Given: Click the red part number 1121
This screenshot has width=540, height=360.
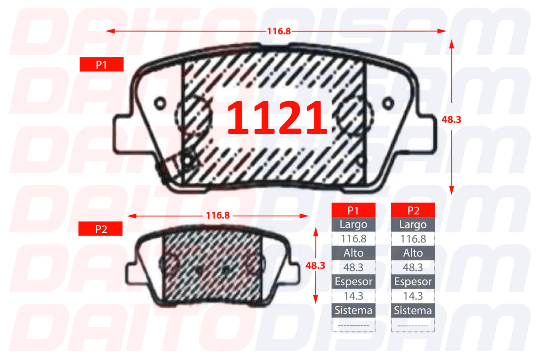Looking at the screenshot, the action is tap(277, 118).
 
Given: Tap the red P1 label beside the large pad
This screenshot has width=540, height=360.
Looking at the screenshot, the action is tap(102, 64).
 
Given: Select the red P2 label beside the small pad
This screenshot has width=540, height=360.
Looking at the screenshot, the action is tap(100, 228).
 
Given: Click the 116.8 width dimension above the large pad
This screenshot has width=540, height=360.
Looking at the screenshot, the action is tap(279, 31).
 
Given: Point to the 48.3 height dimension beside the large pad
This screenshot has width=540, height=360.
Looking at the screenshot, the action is tap(451, 120).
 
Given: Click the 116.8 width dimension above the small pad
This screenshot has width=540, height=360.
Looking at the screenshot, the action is tap(218, 215).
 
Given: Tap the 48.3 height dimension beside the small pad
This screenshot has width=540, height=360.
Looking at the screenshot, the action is tap(315, 266).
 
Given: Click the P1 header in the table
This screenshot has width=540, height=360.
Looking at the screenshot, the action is tap(354, 210).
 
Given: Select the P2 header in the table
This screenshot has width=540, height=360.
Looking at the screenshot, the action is tap(413, 210).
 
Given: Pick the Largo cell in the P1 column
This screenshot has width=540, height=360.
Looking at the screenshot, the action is tap(354, 224).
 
